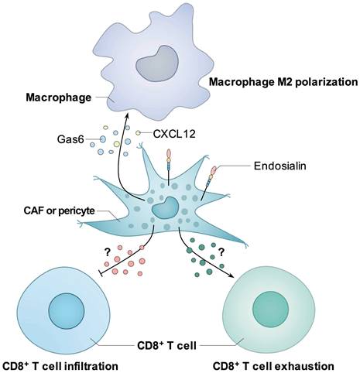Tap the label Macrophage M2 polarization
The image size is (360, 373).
[283, 82]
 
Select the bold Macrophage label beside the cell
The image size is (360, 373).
[59, 98]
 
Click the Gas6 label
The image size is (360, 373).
[70, 139]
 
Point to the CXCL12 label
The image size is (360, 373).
[174, 134]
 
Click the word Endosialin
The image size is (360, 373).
[280, 166]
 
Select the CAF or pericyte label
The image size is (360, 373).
[60, 210]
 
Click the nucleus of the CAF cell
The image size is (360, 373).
[166, 207]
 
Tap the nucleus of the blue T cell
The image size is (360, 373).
[67, 311]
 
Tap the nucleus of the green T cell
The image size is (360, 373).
[270, 309]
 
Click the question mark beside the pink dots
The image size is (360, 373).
[107, 252]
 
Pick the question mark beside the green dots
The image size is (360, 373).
[221, 252]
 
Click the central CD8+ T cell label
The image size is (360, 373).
[166, 345]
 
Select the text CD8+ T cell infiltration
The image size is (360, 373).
[60, 366]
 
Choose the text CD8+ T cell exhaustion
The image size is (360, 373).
[273, 366]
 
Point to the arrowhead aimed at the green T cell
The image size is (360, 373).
[231, 275]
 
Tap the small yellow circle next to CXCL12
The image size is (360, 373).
[139, 133]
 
